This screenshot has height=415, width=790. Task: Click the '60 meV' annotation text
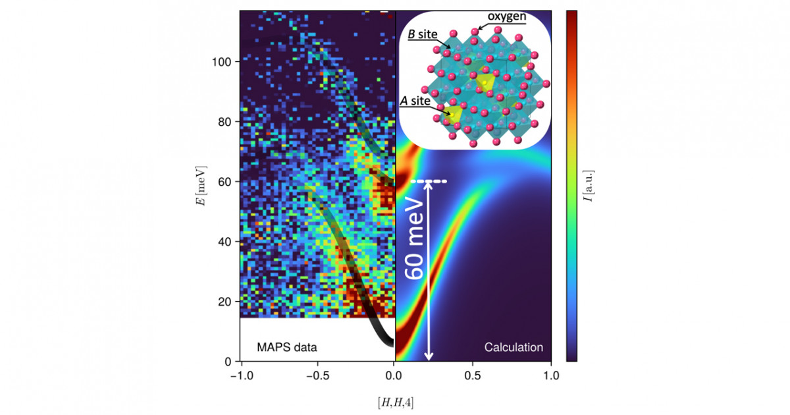(x=415, y=240)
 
